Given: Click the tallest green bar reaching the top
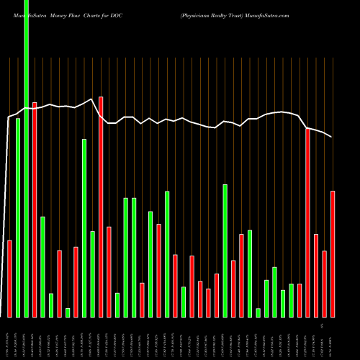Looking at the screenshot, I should point(27,158).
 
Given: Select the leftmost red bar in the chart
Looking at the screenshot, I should point(9,279).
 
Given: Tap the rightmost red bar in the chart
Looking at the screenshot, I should point(333,253).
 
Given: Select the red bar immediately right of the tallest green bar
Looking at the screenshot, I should point(35,209).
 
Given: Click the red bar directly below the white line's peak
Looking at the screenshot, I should point(101,207).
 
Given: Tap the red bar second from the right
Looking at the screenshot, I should point(325,284).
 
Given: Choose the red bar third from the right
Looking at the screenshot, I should point(316,275).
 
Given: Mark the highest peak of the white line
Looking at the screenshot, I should point(91,99).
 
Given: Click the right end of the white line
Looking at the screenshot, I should point(333,137).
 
